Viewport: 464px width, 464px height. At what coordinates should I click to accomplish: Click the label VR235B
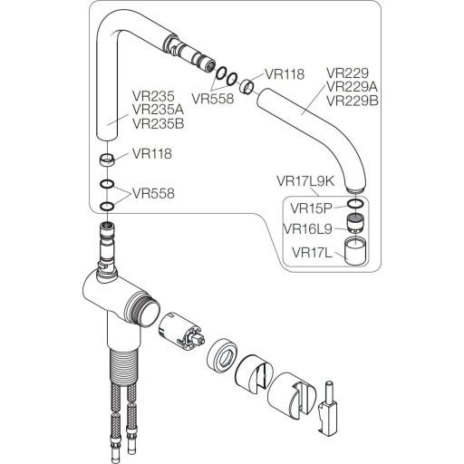point(159,122)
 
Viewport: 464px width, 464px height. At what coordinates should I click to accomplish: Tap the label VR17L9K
point(305,180)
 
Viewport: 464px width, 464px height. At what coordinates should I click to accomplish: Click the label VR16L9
point(308,228)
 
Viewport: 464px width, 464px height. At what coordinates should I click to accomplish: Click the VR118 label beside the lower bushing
point(152,154)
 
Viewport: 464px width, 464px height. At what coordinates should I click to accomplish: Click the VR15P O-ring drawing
point(357,206)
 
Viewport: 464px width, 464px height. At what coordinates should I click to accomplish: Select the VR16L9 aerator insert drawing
point(356,223)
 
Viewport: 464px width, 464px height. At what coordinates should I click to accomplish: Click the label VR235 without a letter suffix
point(152,93)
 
